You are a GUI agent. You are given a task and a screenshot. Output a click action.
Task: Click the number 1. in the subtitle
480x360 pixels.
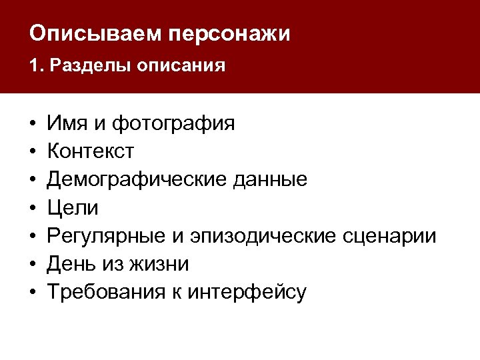tap(35, 66)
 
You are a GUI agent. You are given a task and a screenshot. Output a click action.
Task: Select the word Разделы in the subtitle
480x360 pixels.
tap(87, 66)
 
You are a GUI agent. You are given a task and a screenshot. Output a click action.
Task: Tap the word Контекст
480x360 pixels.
tap(90, 151)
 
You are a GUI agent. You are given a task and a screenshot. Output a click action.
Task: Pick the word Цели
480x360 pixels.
tap(73, 208)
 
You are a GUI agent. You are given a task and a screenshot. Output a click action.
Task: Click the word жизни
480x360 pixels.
tap(163, 264)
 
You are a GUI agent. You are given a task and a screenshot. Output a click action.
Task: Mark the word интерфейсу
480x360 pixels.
tap(246, 292)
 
